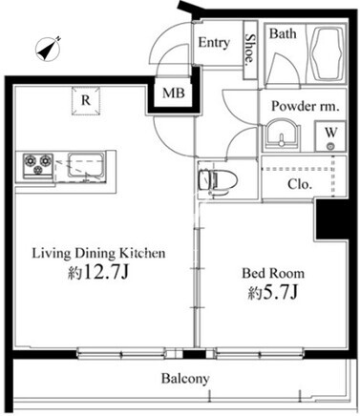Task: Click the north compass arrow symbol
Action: coord(48,49)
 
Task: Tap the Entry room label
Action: coord(214,42)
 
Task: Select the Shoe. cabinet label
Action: coord(250,48)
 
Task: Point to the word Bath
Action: coord(283,33)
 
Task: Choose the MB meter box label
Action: coord(174,94)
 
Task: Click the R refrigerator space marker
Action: coord(86,100)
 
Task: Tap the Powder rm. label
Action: coord(306,106)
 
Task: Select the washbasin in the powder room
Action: coord(282,135)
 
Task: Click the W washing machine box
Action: coord(330,135)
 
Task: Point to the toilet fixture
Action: coord(218,181)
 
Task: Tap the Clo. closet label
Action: coord(299,184)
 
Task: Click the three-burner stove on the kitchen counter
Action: coord(38,165)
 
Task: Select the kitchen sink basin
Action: coord(86,166)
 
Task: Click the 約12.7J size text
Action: coord(98,272)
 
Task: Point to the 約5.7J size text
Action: coord(273,292)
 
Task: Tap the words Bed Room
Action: coord(273,274)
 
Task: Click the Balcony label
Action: coord(185,379)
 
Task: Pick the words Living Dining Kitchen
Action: coord(98,253)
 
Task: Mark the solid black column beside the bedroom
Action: coord(331,219)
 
